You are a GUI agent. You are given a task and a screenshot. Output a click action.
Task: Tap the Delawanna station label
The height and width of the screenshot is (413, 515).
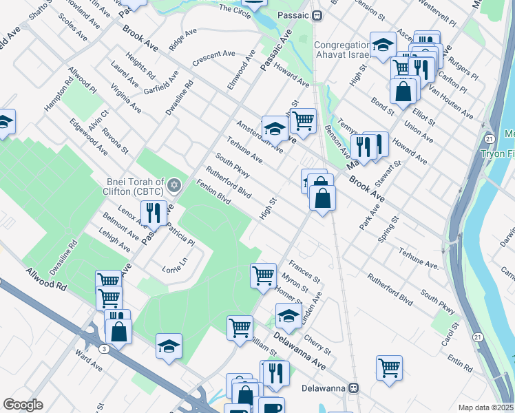325,388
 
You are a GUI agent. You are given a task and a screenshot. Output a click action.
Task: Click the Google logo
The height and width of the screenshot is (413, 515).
23,405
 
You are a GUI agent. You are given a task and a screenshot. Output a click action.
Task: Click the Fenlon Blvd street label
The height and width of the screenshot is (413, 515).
213,192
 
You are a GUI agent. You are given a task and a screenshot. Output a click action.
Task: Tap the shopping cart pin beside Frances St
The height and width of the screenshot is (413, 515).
264,275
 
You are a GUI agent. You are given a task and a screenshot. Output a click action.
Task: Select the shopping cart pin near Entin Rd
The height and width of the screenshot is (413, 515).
389,367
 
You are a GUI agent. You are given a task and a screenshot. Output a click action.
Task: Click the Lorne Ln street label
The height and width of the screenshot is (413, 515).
174,265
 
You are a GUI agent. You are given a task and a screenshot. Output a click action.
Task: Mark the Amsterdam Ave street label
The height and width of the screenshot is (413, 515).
260,136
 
